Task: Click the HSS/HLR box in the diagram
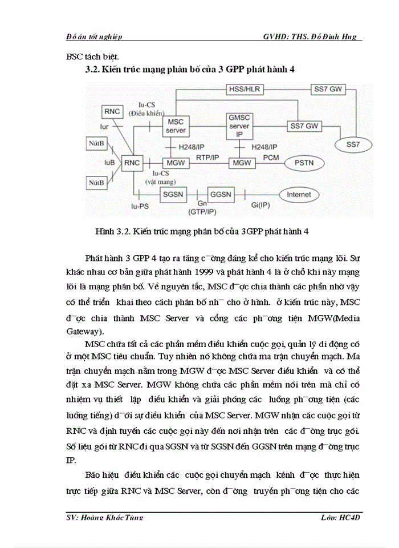(x=240, y=89)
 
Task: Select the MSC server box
(x=176, y=126)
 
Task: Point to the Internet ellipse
(x=299, y=195)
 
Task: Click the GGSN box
(x=220, y=195)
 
